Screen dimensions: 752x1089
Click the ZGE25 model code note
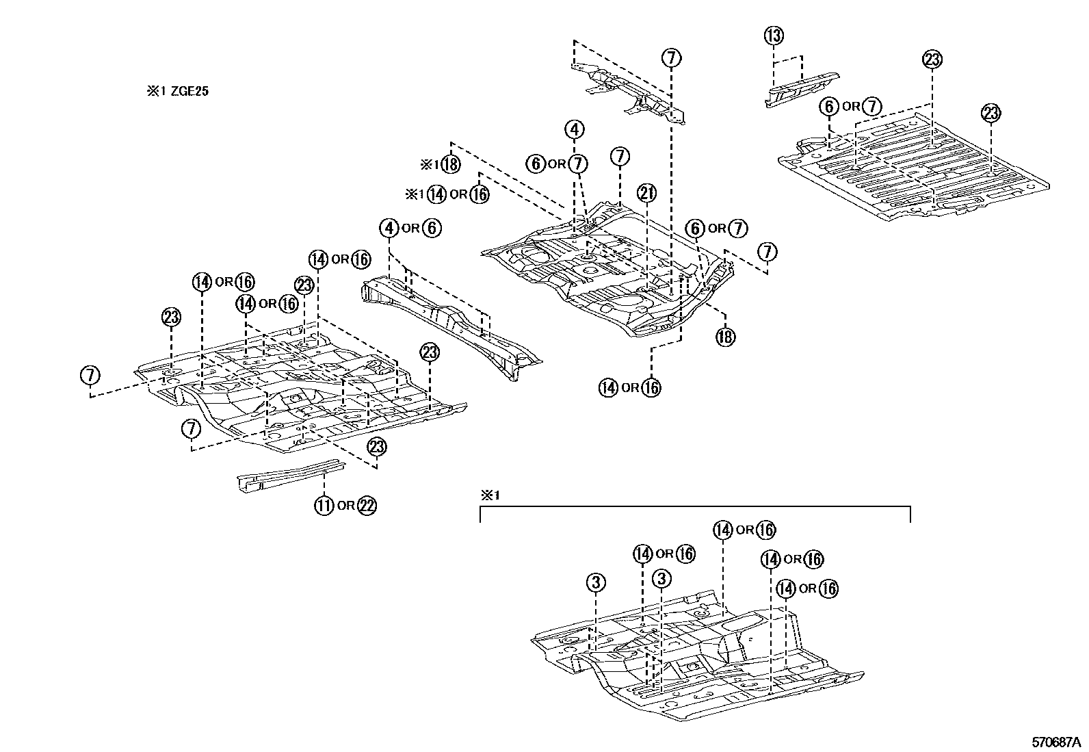coord(176,91)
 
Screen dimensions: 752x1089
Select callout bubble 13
coord(774,36)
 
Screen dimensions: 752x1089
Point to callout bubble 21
coord(646,194)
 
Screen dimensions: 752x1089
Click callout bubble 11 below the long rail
coord(324,506)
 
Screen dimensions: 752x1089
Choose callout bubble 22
coord(367,506)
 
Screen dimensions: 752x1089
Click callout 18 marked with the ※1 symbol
coord(449,164)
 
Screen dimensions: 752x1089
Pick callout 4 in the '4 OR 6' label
coord(389,228)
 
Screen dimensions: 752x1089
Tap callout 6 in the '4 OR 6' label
coord(432,228)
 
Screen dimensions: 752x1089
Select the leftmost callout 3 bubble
coord(596,582)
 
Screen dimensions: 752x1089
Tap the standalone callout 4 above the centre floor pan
coord(575,129)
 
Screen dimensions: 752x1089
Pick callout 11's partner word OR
coord(345,506)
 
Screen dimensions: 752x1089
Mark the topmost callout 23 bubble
coord(932,60)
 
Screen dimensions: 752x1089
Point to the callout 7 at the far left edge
coord(90,376)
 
